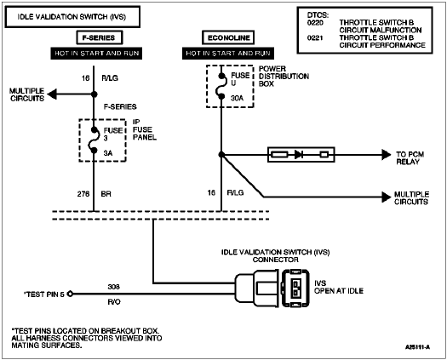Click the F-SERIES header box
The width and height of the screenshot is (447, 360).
(100, 37)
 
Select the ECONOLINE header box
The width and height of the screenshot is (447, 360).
(228, 37)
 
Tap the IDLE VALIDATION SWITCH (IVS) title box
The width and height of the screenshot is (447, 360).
(72, 17)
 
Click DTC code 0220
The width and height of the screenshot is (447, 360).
(315, 22)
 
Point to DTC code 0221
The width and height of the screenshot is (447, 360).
(315, 37)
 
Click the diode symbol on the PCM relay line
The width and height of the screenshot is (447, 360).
(299, 155)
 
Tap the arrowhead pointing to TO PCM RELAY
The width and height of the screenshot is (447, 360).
(387, 155)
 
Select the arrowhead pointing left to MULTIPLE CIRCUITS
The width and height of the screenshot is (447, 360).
(52, 94)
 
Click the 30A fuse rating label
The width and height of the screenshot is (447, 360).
(238, 98)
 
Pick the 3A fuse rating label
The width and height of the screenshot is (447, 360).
(108, 153)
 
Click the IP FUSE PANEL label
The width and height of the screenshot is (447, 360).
(145, 129)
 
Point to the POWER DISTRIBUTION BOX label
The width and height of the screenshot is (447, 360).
(284, 77)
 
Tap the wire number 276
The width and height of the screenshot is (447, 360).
(83, 194)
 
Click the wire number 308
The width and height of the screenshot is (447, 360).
(114, 287)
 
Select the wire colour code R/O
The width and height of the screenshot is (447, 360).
(114, 302)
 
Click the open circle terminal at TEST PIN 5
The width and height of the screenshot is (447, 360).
(70, 294)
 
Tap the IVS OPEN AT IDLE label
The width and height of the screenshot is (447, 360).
(339, 287)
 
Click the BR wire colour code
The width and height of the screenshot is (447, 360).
(106, 194)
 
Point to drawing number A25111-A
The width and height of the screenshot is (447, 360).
(418, 347)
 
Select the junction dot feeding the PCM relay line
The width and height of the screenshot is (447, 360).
(221, 155)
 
